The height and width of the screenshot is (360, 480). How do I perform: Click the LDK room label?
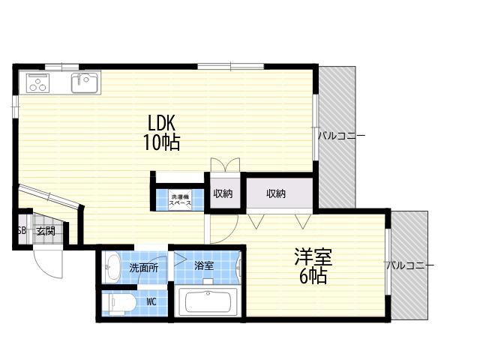coord(161,123)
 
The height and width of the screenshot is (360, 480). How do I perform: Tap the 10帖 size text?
coord(161,142)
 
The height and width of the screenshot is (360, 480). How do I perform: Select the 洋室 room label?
coord(313,256)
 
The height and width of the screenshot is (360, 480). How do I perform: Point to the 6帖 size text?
coord(313,276)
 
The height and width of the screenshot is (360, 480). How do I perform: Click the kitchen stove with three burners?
coord(38,83)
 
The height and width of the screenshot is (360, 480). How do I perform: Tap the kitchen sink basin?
coord(85,82)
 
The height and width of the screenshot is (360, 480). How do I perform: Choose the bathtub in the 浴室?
coord(208,301)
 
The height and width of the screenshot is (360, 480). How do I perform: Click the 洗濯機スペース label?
coord(180,200)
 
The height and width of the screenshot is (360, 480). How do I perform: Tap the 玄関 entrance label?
coord(46,231)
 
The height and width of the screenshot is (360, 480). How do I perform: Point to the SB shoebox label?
coord(22,230)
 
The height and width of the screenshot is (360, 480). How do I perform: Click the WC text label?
coord(151,301)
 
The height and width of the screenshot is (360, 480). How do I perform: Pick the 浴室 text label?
coord(204,265)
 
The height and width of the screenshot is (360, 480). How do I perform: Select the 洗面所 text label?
coord(143,268)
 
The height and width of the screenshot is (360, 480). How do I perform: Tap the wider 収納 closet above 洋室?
coord(280,193)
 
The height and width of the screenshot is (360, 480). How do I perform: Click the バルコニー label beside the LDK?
coord(341,136)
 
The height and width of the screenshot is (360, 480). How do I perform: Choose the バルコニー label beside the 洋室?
coord(409,265)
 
